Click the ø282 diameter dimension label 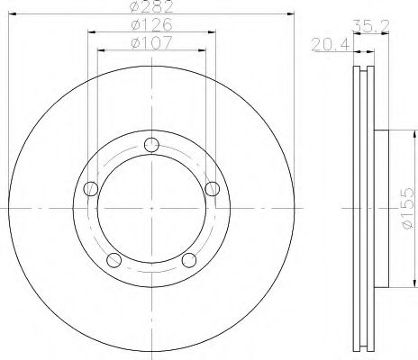pyautogui.click(x=150, y=8)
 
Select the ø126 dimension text pyautogui.click(x=150, y=25)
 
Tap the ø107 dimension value pyautogui.click(x=150, y=41)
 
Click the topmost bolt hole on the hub pyautogui.click(x=150, y=147)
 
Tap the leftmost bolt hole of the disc pyautogui.click(x=89, y=189)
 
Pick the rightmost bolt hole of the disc pyautogui.click(x=212, y=188)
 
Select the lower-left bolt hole pyautogui.click(x=113, y=260)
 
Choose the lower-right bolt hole pyautogui.click(x=188, y=260)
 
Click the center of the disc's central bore pyautogui.click(x=150, y=209)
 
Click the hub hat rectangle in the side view pyautogui.click(x=379, y=209)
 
